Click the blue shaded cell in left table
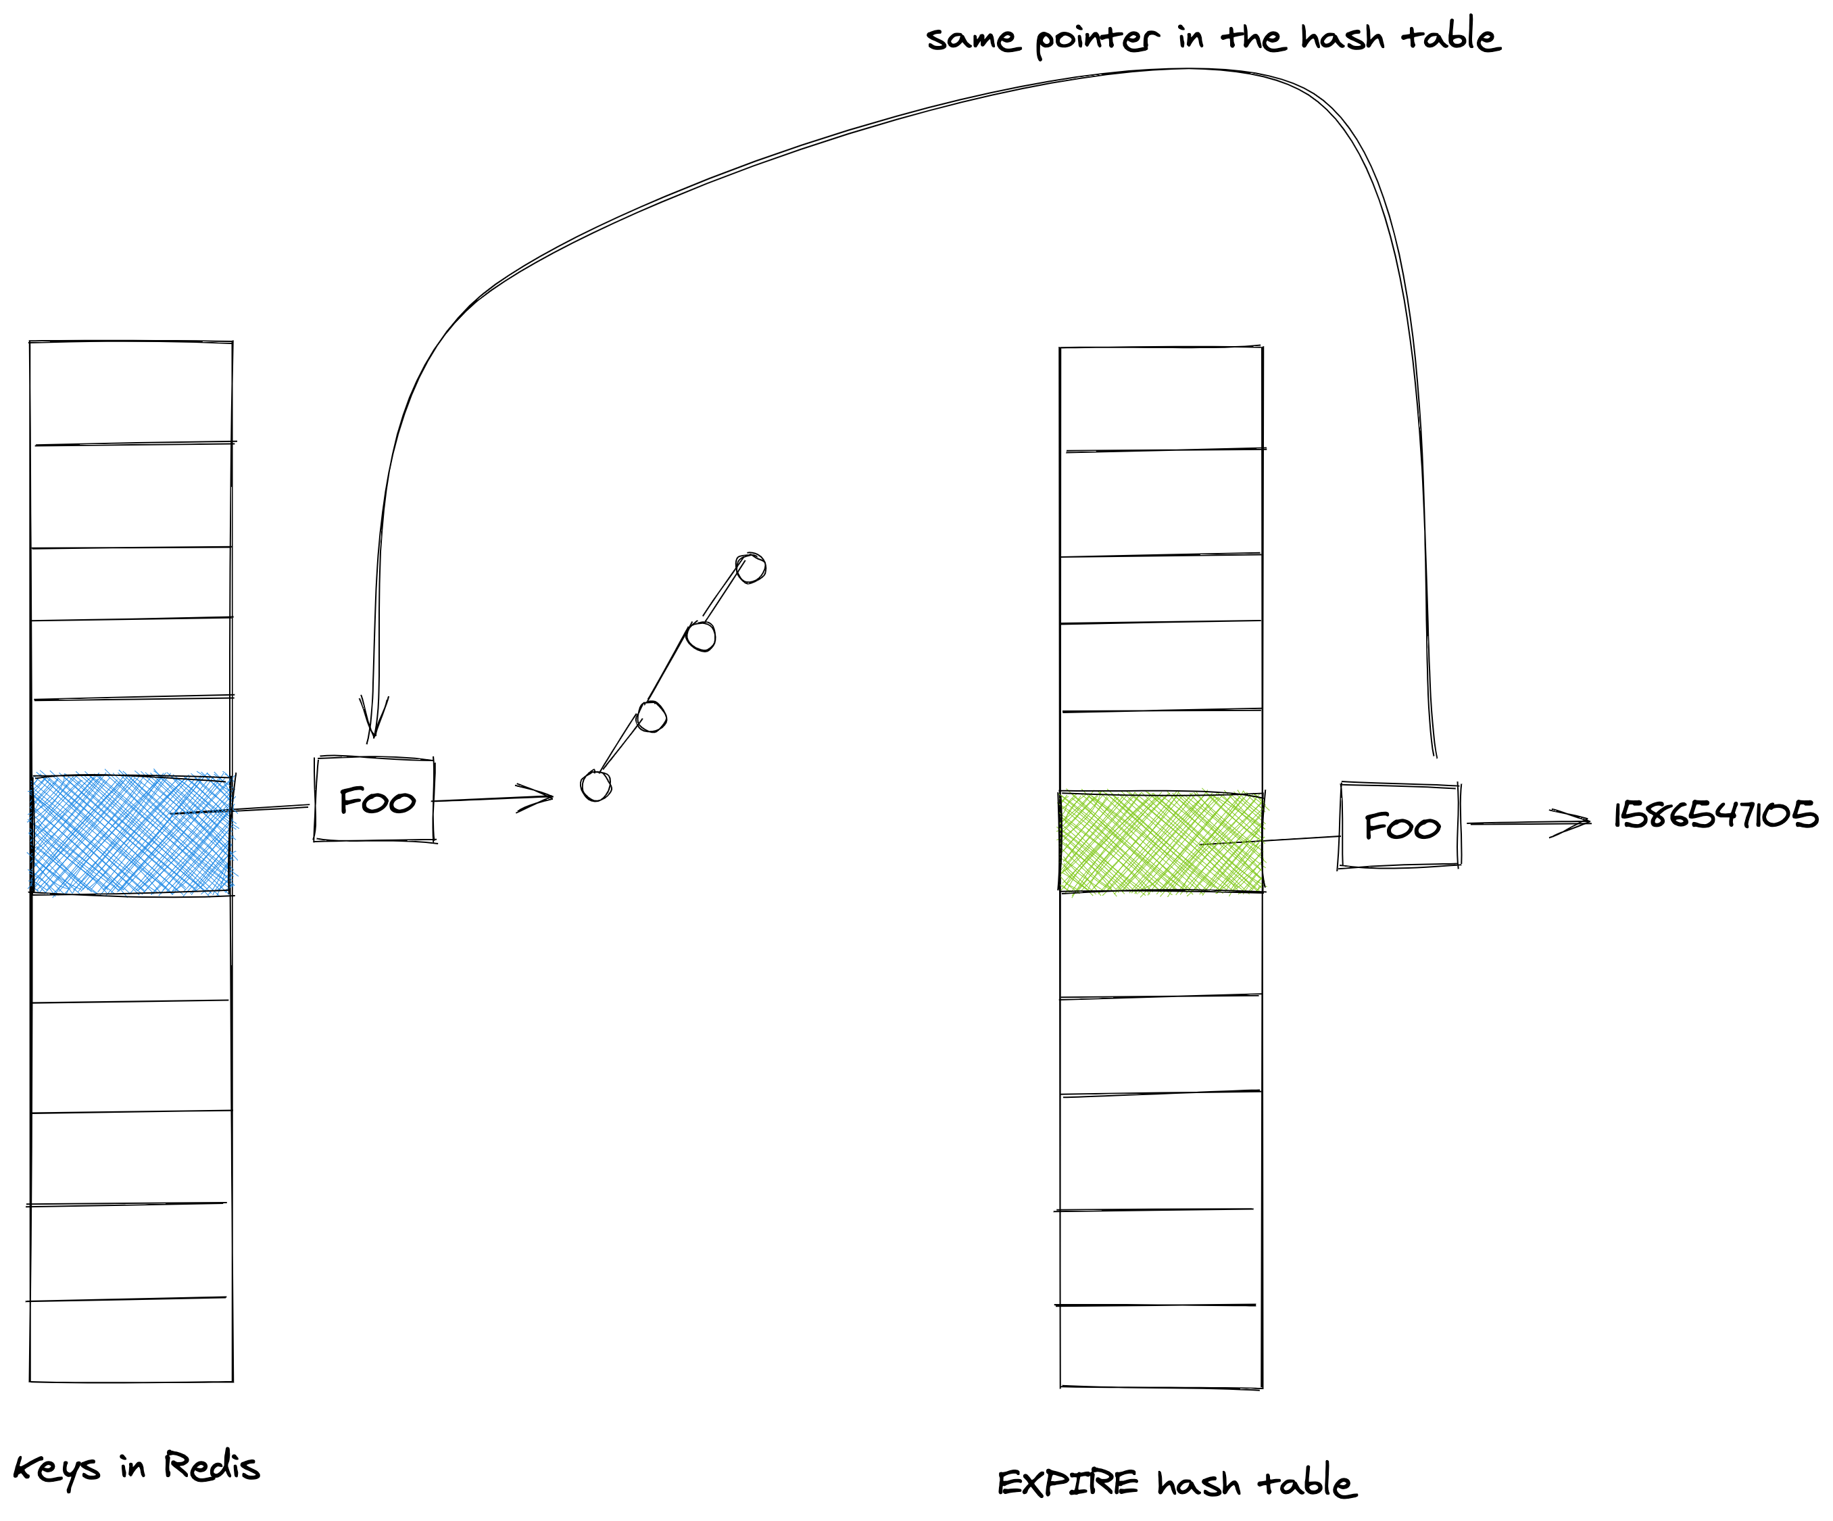pyautogui.click(x=131, y=834)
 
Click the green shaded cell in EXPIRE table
pyautogui.click(x=1161, y=842)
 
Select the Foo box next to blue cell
pyautogui.click(x=375, y=800)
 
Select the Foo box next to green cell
pyautogui.click(x=1400, y=825)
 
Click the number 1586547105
pyautogui.click(x=1715, y=815)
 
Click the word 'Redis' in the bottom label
pyautogui.click(x=212, y=1465)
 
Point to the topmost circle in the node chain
pyautogui.click(x=751, y=569)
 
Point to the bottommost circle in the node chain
pyautogui.click(x=596, y=786)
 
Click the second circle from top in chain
pyautogui.click(x=701, y=635)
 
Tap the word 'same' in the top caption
pyautogui.click(x=973, y=39)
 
